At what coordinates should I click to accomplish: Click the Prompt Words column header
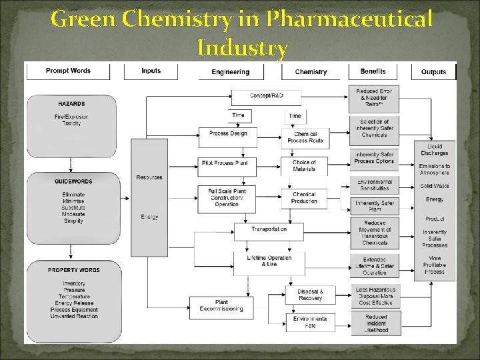tap(68, 71)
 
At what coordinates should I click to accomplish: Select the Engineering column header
tap(230, 72)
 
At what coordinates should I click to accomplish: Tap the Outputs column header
tap(434, 72)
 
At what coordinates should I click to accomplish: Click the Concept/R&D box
tap(266, 96)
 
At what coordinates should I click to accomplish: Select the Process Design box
tap(228, 133)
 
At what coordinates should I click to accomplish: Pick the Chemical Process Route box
tap(305, 137)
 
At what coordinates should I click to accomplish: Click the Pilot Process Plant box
tap(228, 163)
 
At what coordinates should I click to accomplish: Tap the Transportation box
tap(269, 229)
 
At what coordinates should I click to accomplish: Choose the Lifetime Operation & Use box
tap(269, 261)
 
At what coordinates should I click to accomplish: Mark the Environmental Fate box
tap(310, 323)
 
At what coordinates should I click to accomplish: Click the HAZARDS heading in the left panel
tap(71, 104)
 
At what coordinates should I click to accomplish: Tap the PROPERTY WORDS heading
tap(73, 270)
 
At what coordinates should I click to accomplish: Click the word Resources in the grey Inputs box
tap(149, 177)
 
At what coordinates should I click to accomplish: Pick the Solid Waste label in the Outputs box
tap(435, 186)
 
